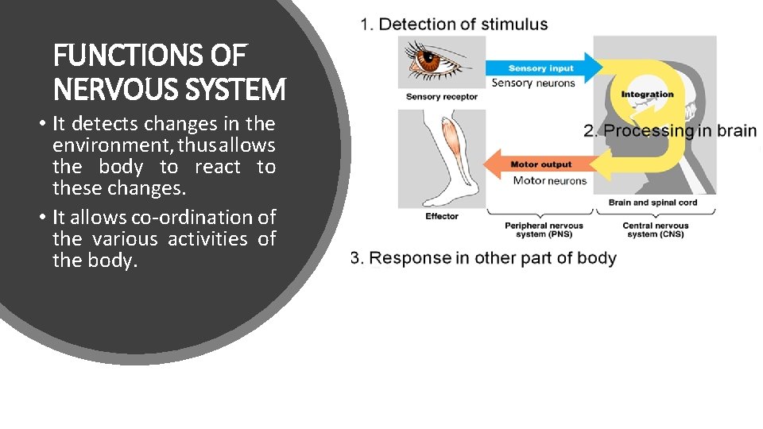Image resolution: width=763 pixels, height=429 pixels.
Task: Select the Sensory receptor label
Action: [442, 97]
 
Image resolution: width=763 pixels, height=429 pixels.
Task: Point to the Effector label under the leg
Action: [442, 216]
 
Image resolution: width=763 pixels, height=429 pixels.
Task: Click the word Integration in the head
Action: [647, 95]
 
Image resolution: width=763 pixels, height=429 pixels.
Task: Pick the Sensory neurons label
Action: [533, 83]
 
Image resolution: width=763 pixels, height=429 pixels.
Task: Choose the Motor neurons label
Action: [549, 180]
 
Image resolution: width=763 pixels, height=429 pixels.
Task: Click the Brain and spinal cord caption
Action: [653, 203]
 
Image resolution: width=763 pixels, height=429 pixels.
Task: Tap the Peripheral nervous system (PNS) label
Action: [544, 230]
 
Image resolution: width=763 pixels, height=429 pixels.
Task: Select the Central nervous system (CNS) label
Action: [655, 230]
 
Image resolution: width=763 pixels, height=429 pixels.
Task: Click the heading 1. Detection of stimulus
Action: [454, 24]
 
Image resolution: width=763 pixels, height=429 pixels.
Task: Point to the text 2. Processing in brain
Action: [670, 131]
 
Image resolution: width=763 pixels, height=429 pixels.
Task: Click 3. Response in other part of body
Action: [483, 258]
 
